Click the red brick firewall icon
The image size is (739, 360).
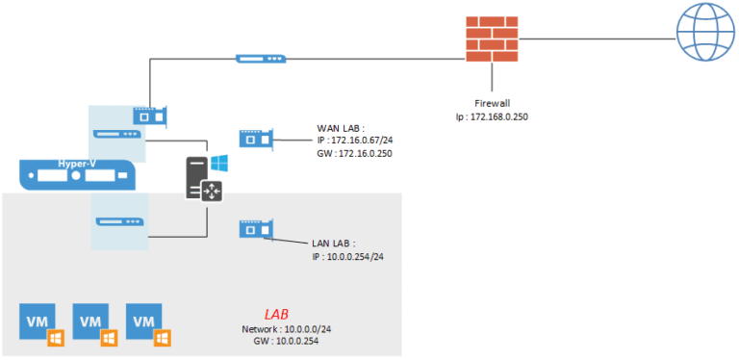(x=492, y=39)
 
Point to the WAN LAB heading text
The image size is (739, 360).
(x=341, y=127)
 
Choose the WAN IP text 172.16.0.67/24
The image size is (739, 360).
(x=362, y=141)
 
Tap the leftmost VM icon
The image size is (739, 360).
(x=39, y=323)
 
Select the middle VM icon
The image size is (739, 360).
(x=92, y=323)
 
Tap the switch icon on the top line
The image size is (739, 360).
(x=261, y=60)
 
